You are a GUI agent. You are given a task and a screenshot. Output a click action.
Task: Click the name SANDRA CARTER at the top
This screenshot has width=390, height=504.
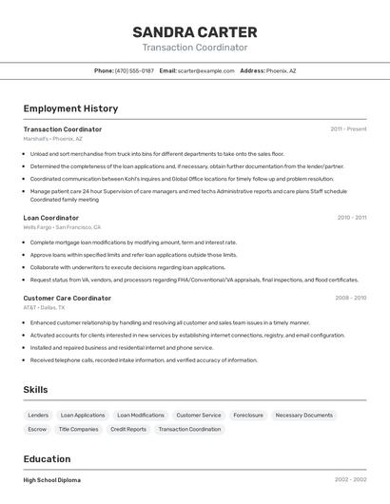point(195,31)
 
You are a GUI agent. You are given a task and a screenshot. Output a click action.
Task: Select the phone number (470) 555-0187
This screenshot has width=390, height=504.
point(134,70)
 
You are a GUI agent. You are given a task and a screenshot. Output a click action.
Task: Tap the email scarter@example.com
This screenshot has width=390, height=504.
point(205,70)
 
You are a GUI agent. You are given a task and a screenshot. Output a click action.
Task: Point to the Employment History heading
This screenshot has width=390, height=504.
point(70,108)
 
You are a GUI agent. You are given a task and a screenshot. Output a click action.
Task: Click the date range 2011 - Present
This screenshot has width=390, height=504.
point(348,128)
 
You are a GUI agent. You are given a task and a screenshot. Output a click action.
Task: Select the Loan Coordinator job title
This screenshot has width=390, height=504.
point(51,218)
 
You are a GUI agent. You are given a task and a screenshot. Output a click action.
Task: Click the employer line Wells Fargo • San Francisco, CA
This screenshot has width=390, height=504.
point(62,227)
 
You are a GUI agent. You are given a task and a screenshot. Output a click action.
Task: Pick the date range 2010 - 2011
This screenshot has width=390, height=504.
point(351,218)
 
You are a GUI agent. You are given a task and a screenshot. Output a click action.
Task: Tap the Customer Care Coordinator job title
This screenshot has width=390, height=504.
point(68,298)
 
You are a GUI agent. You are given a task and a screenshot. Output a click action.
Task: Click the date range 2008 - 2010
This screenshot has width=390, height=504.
point(350,298)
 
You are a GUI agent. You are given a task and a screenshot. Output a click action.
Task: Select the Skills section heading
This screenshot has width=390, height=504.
point(35,390)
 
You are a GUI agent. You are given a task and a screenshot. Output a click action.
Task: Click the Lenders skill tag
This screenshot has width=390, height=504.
point(38,416)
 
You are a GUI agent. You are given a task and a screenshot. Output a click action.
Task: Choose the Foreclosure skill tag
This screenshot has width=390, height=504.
point(248,416)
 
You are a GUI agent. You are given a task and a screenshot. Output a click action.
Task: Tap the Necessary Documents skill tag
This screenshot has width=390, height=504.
point(304,416)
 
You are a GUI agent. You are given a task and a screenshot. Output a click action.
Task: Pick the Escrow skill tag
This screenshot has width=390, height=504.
point(37,429)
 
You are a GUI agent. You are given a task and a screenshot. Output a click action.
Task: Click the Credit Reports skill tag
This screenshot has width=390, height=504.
point(128,429)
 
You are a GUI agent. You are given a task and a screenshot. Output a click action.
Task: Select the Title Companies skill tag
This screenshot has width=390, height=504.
point(78,429)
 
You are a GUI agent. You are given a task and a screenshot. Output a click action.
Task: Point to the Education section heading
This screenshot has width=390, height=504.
point(47,458)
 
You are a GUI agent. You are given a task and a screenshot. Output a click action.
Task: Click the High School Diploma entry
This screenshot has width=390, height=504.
point(52,480)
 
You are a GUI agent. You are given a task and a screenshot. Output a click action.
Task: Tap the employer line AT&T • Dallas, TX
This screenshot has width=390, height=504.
point(44,307)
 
